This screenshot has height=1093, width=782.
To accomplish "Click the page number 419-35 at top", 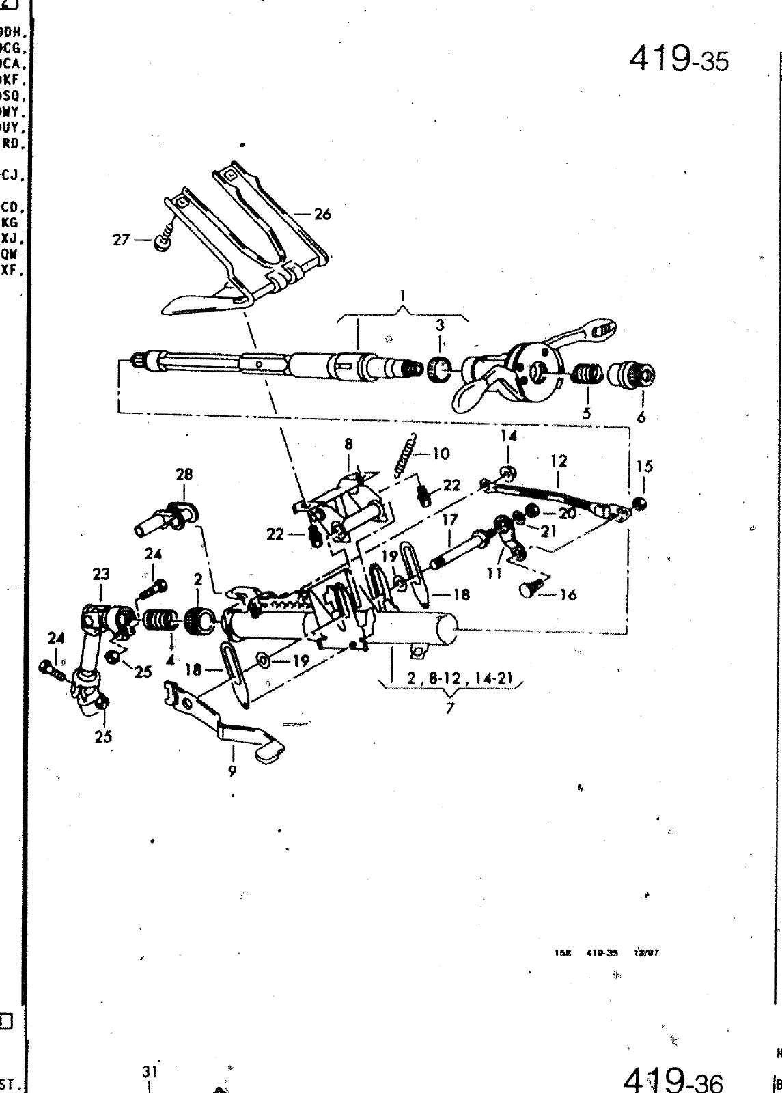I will click(678, 59).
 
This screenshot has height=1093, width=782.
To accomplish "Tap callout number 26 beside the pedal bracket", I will click(322, 215).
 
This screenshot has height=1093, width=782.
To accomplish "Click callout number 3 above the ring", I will click(440, 324).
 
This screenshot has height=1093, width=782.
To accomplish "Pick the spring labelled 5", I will click(586, 374).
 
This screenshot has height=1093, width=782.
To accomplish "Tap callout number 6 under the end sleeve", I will click(641, 416).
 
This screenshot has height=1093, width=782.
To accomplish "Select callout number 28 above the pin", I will click(184, 474).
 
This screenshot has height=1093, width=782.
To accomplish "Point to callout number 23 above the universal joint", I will click(100, 575).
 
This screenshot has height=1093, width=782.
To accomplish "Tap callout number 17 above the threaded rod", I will click(449, 520).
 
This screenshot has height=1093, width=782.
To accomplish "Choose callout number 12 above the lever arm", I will click(559, 461).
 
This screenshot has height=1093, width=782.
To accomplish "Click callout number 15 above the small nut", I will click(644, 467).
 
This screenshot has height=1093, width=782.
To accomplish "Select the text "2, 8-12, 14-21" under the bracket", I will click(449, 680).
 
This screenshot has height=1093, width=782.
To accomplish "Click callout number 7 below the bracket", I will click(449, 708).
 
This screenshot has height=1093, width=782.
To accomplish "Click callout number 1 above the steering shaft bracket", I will click(403, 296).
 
